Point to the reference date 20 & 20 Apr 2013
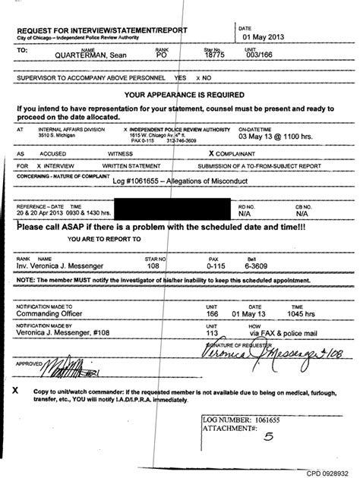click(x=39, y=212)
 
